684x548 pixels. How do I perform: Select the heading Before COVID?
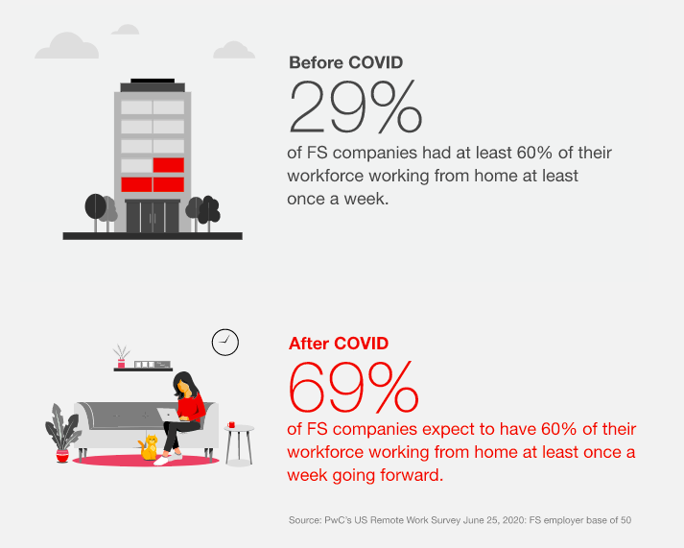click(345, 62)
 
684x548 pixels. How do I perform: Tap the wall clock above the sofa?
click(224, 342)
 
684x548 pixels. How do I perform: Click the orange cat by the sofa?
click(149, 446)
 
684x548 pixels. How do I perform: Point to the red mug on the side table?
click(231, 423)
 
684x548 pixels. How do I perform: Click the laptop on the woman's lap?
click(169, 415)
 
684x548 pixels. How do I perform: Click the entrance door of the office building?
click(153, 215)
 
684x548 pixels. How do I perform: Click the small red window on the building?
click(168, 165)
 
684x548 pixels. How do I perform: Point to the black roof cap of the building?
click(152, 86)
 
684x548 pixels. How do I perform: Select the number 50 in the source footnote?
click(625, 520)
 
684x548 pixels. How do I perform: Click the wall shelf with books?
click(141, 366)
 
